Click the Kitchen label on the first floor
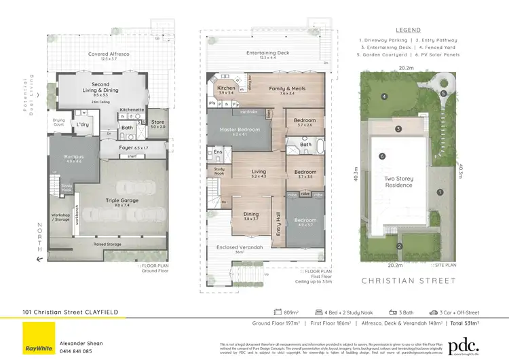click(x=225, y=88)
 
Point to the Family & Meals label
click(x=287, y=88)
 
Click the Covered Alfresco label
click(x=109, y=54)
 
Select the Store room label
click(x=158, y=122)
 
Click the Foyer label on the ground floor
click(x=126, y=147)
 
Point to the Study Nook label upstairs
click(x=219, y=170)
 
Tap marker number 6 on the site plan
click(x=382, y=156)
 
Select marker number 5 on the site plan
click(x=443, y=94)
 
